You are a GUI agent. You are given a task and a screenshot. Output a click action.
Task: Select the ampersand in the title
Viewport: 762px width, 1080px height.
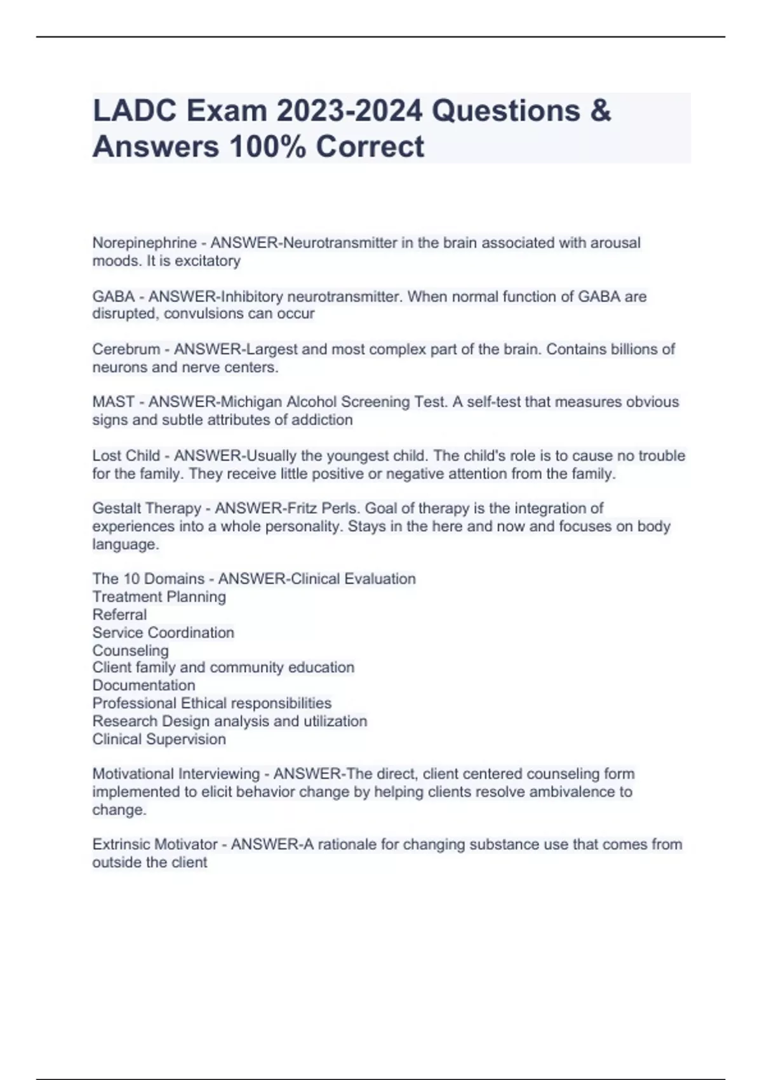(600, 111)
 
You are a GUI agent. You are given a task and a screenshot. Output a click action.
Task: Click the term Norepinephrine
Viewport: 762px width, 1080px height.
(144, 243)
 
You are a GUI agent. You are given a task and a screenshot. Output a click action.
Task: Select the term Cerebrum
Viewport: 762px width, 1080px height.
(126, 349)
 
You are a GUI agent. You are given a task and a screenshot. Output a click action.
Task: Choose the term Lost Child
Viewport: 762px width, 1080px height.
(126, 456)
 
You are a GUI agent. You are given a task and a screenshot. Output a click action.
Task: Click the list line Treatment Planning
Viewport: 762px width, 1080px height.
(159, 597)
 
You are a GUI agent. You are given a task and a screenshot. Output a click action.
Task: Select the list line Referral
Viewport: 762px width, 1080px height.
(119, 615)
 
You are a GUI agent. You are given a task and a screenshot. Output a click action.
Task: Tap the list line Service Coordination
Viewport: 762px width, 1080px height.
(163, 633)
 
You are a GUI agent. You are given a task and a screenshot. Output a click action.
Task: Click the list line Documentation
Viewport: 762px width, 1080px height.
(144, 685)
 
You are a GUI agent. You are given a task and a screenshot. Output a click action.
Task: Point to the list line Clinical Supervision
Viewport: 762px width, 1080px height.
(159, 739)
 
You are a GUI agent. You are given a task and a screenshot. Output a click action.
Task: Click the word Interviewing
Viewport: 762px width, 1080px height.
(219, 774)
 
